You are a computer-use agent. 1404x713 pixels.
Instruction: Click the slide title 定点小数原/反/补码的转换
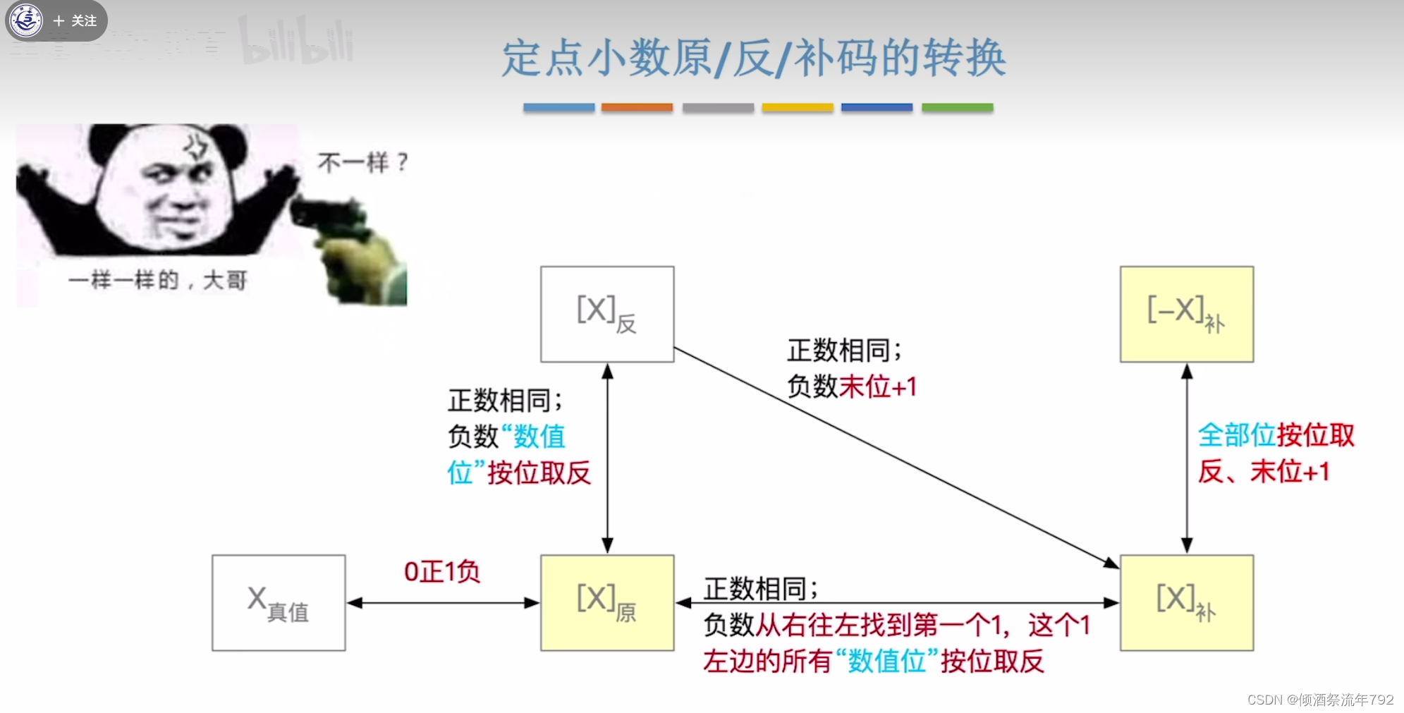point(753,58)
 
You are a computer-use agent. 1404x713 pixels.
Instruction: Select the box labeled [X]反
point(607,314)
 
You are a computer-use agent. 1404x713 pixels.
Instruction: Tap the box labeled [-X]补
point(1186,314)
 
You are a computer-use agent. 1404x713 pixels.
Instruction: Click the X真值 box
point(279,602)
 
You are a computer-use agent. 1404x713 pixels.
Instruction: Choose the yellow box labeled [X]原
point(607,602)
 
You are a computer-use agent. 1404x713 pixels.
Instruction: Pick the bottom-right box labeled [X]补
point(1186,602)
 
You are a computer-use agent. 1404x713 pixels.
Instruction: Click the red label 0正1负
point(441,571)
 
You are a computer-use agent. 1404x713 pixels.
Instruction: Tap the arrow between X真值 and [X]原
point(443,603)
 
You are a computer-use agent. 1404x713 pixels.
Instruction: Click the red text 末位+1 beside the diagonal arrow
point(878,386)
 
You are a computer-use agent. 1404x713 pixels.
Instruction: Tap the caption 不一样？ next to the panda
point(362,163)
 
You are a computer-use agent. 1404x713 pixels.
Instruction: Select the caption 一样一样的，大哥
point(158,281)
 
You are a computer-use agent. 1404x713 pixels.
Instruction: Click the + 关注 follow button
point(75,21)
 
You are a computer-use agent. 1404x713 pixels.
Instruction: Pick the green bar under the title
point(957,108)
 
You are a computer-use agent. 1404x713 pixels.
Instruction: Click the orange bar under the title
point(637,108)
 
